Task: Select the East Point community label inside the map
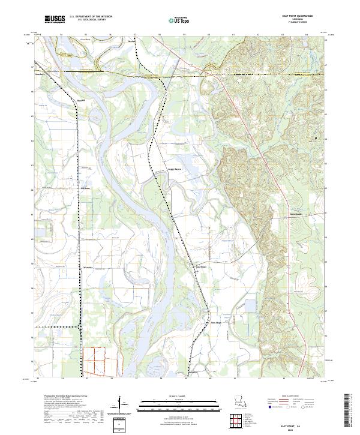click(x=201, y=266)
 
